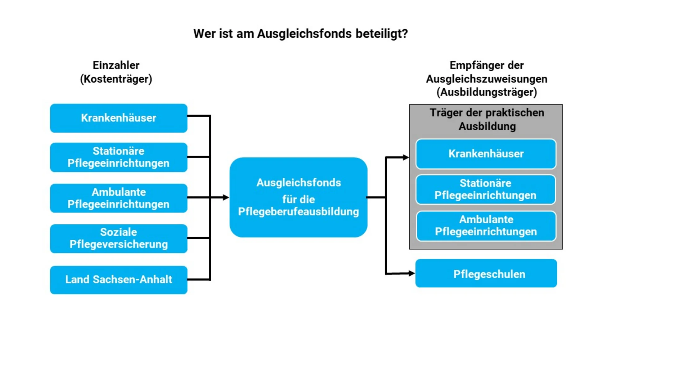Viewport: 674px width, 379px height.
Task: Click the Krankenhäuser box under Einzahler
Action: (x=119, y=118)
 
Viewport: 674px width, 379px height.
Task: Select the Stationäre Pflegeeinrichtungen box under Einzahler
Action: (x=119, y=157)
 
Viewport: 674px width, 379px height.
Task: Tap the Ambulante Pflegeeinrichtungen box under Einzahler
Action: (x=119, y=198)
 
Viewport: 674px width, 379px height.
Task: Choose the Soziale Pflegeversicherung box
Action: (x=119, y=239)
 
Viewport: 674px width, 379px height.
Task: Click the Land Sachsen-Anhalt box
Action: (x=119, y=280)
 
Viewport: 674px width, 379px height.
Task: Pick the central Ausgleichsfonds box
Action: (x=299, y=197)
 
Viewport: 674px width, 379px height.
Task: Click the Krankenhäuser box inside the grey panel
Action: (x=486, y=154)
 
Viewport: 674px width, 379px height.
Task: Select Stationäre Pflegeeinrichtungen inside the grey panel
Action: (x=486, y=190)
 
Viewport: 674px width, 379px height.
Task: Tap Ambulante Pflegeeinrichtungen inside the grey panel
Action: (x=486, y=226)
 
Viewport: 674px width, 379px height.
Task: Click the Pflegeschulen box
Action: (x=486, y=274)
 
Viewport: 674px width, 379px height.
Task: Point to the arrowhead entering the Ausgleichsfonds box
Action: (x=226, y=197)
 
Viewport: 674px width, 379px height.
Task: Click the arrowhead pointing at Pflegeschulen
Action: (x=411, y=273)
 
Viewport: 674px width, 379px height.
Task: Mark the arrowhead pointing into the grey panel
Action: (x=406, y=158)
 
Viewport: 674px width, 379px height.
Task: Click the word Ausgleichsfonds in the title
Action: (x=304, y=33)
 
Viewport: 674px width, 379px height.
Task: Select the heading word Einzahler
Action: (x=116, y=65)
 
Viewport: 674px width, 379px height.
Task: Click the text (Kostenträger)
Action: (x=116, y=79)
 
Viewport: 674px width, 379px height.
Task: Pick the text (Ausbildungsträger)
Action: (x=487, y=92)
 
